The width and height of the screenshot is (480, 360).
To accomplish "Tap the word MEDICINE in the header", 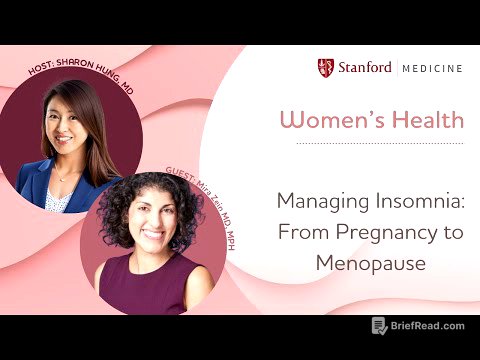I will click(433, 69).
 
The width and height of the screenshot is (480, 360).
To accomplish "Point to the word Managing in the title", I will click(319, 200).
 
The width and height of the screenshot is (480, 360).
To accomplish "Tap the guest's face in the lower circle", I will click(161, 225).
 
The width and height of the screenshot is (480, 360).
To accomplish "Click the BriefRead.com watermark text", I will click(431, 326).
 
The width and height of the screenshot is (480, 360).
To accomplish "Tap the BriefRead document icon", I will click(379, 326).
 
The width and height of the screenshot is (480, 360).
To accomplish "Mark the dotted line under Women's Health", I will click(370, 142).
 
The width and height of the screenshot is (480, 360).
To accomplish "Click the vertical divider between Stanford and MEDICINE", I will click(397, 69).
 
